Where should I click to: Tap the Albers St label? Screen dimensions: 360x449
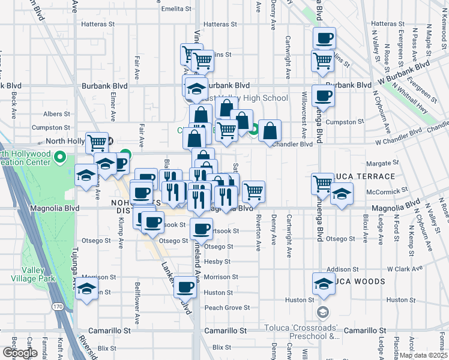[56, 113]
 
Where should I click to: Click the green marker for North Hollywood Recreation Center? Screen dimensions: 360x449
[59, 158]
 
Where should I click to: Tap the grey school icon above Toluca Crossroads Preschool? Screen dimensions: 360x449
[323, 312]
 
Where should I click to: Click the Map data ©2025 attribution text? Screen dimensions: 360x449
[423, 355]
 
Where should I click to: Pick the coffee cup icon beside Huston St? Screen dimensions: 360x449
[185, 288]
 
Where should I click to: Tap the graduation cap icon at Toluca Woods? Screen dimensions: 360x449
[324, 284]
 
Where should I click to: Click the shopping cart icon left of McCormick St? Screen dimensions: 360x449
[322, 183]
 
